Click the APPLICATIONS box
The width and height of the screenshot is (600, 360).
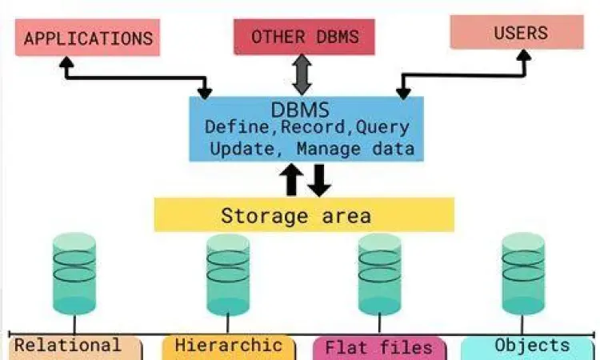[88, 38]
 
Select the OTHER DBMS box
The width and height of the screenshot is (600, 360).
[305, 37]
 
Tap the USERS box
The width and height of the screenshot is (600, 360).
[517, 32]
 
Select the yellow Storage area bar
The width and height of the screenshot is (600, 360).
[304, 215]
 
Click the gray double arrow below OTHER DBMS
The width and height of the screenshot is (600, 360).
[301, 74]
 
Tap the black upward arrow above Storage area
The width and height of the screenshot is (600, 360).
[292, 179]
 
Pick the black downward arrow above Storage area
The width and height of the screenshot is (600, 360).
[319, 179]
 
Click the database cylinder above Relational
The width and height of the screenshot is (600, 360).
[74, 274]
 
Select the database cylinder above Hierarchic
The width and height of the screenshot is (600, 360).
[228, 274]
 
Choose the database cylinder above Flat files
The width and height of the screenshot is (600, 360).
[379, 274]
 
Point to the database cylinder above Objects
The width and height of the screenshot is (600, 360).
[523, 274]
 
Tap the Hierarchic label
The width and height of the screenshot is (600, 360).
[228, 346]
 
